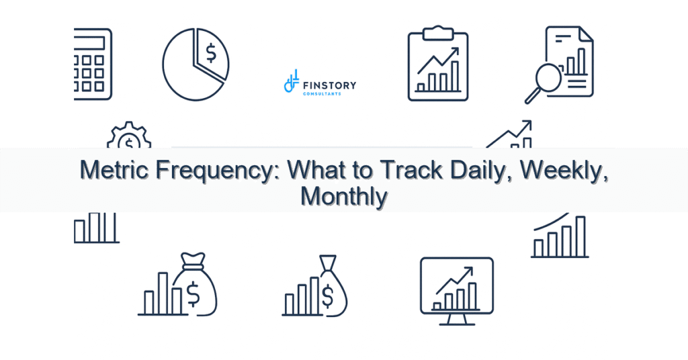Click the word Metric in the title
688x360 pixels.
click(116, 170)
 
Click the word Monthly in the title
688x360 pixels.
click(344, 197)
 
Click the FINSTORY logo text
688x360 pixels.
click(329, 85)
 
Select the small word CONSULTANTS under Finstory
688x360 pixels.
click(322, 94)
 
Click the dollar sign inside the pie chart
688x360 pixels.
click(211, 52)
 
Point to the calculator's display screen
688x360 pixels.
click(90, 43)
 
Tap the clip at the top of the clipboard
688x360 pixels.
click(438, 32)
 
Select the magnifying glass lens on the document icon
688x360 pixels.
click(548, 77)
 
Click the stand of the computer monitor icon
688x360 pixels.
click(457, 320)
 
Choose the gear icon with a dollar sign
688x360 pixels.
click(129, 135)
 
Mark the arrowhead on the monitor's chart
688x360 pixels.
click(468, 271)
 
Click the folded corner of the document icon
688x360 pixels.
click(586, 34)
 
